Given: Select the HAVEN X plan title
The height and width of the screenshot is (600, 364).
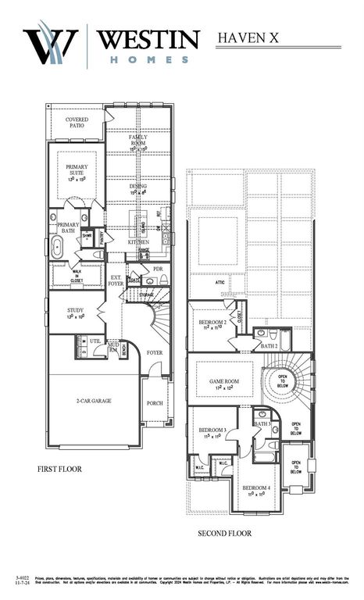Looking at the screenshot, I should [249, 37].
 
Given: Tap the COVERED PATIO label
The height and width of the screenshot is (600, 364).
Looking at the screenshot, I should [77, 123].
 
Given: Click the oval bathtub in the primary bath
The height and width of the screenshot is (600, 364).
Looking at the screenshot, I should [58, 249].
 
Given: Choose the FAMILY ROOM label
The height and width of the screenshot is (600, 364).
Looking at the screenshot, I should [138, 141].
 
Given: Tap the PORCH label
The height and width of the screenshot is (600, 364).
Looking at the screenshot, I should [155, 403].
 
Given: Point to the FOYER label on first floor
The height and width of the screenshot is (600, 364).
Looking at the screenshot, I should [155, 352].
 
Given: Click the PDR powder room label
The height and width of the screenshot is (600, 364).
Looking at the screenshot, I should [158, 269].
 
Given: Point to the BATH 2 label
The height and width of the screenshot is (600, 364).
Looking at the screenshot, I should [269, 345].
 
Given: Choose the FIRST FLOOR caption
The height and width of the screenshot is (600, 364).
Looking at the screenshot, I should [59, 470].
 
